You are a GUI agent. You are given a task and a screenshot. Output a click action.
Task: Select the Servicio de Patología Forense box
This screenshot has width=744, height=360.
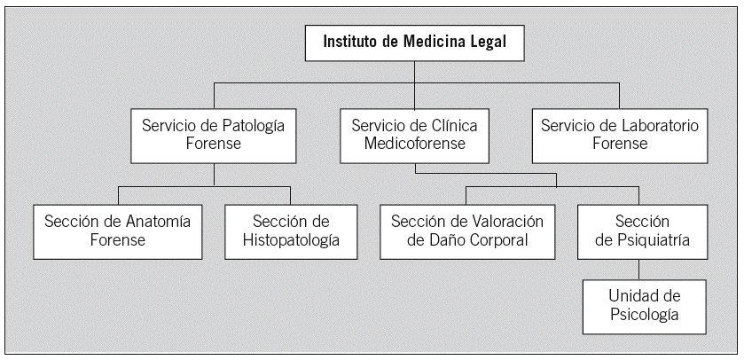[213, 135]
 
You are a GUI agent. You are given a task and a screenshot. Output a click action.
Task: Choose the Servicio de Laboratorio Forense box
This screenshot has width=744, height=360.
[619, 135]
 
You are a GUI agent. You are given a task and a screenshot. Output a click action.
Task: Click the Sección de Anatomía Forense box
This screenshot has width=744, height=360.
[117, 231]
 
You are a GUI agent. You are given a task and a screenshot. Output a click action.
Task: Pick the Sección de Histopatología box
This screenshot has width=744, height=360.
[290, 231]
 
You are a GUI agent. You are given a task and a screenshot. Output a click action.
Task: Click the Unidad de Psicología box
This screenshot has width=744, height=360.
[644, 305]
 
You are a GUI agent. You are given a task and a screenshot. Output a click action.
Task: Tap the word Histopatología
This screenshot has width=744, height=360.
[290, 241]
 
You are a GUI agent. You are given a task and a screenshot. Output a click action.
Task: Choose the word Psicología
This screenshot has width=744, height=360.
[644, 315]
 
